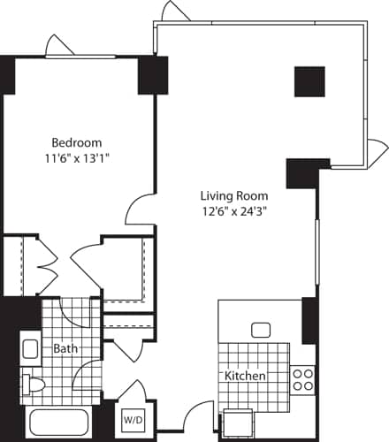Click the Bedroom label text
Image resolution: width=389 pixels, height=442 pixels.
pyautogui.click(x=76, y=142)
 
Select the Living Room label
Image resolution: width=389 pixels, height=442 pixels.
pyautogui.click(x=233, y=195)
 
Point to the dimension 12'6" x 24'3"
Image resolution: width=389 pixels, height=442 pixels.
pyautogui.click(x=233, y=210)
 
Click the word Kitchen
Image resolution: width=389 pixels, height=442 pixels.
pyautogui.click(x=245, y=376)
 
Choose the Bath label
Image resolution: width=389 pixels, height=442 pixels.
pyautogui.click(x=65, y=348)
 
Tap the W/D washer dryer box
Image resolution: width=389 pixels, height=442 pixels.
pyautogui.click(x=133, y=418)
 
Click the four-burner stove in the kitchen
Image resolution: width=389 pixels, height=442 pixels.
pyautogui.click(x=302, y=379)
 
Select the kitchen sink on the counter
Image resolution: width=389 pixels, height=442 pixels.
pyautogui.click(x=261, y=330)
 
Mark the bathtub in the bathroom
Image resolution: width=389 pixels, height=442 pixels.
pyautogui.click(x=60, y=423)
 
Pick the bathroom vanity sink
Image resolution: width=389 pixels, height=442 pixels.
pyautogui.click(x=30, y=347)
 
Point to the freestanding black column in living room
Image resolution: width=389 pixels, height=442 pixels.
pyautogui.click(x=309, y=81)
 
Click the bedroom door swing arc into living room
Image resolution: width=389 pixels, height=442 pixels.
pyautogui.click(x=140, y=210)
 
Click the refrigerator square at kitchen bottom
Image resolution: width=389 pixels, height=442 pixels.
pyautogui.click(x=239, y=423)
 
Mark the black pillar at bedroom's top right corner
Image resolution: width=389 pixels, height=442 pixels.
pyautogui.click(x=147, y=75)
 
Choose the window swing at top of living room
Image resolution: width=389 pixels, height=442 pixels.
pyautogui.click(x=174, y=11)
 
